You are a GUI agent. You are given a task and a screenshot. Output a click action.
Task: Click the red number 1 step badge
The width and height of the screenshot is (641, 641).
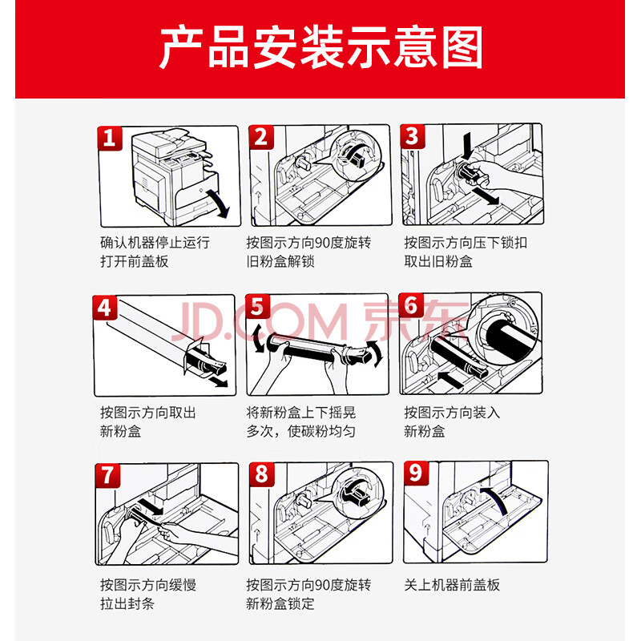[x=110, y=138]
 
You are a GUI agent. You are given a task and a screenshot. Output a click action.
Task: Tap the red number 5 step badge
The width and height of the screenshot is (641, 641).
[x=257, y=307]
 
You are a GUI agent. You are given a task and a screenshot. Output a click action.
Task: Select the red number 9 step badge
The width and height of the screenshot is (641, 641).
[x=416, y=473]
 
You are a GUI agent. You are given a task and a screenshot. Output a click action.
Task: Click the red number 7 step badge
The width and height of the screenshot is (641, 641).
[x=107, y=475]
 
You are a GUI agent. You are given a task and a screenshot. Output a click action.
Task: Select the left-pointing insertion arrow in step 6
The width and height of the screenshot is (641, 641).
[x=450, y=379]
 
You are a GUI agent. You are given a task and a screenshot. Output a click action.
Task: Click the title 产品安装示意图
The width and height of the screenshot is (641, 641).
[x=320, y=47]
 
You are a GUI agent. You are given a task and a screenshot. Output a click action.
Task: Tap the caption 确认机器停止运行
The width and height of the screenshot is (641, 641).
[x=155, y=243]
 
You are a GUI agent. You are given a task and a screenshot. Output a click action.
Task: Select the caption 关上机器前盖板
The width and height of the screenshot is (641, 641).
[x=452, y=585]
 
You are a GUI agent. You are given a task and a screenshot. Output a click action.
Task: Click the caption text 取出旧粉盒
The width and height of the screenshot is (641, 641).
[x=438, y=262]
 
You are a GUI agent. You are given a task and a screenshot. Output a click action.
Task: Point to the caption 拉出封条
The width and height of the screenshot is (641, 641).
[x=127, y=603]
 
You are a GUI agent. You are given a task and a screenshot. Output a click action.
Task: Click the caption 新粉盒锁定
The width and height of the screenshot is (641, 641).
[x=280, y=603]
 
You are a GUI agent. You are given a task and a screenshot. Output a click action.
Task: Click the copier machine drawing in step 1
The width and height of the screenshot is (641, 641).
[x=175, y=175]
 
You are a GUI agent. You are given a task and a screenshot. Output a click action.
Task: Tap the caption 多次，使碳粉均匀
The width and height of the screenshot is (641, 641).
[x=301, y=431]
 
